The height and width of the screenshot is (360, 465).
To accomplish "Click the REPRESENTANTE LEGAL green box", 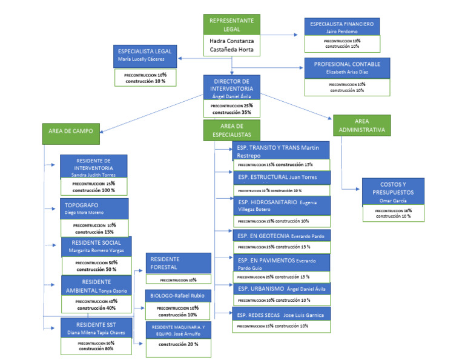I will pyautogui.click(x=231, y=24).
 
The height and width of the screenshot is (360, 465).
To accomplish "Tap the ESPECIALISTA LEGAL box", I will pyautogui.click(x=145, y=55).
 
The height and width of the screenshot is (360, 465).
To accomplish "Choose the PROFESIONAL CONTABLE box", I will pyautogui.click(x=347, y=67).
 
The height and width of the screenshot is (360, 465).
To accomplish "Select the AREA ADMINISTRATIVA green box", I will pyautogui.click(x=360, y=126).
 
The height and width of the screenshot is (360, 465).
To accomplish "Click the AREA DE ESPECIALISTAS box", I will pyautogui.click(x=231, y=130).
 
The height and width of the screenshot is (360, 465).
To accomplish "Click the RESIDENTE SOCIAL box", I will pyautogui.click(x=96, y=246).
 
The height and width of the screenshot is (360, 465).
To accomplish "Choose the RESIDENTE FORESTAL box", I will pyautogui.click(x=178, y=263).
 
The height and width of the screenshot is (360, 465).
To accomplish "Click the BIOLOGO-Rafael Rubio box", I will pyautogui.click(x=178, y=296).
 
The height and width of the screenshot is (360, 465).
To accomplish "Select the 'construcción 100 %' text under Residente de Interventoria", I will pyautogui.click(x=94, y=190).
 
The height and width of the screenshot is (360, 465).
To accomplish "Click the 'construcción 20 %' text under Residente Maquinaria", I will pyautogui.click(x=178, y=344).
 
